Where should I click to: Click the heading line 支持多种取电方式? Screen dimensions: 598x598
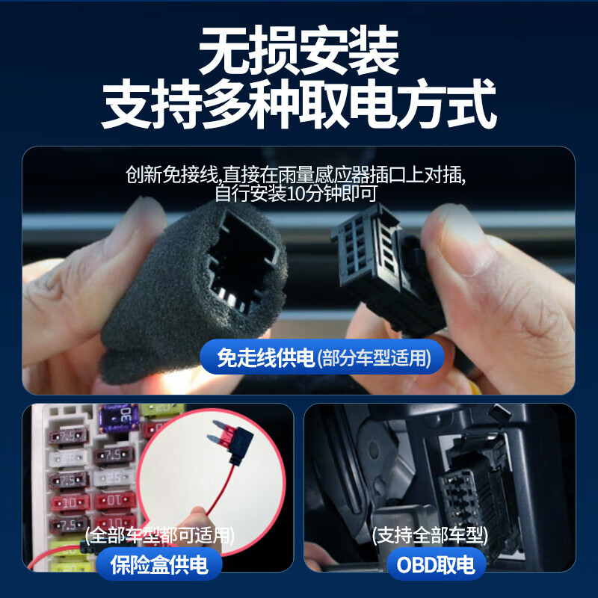299,106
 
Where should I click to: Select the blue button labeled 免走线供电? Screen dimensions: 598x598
265,359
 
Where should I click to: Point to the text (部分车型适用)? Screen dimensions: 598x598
374,359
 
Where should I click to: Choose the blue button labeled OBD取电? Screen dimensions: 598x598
437,564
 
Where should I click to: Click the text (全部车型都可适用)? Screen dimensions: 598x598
160,535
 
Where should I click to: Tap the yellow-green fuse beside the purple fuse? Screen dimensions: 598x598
153,411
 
